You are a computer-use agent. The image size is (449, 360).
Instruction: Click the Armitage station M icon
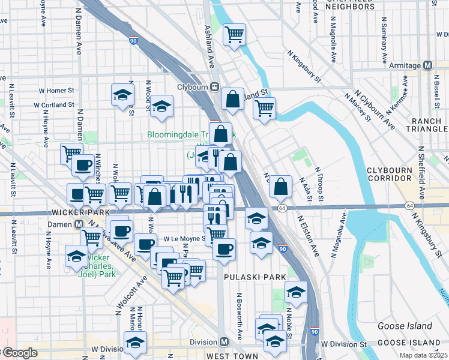428,65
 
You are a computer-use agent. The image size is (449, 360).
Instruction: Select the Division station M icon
224,341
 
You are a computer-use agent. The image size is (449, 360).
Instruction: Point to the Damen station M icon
78,224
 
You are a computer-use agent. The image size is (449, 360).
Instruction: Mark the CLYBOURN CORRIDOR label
415,172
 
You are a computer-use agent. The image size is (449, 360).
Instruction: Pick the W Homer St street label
54,91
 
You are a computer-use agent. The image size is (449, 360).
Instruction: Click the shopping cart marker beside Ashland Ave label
234,34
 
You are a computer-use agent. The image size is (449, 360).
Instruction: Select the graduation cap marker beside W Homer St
122,94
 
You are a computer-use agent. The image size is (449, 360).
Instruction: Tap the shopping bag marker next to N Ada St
280,187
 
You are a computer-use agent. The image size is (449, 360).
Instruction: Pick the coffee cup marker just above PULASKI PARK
224,248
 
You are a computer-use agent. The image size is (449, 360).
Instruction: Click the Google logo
19,353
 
